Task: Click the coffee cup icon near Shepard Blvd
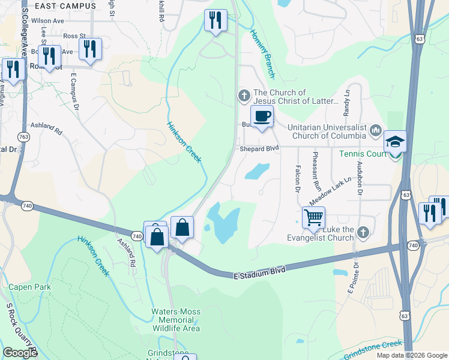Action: pos(262,116)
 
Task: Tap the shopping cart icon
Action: pos(313,218)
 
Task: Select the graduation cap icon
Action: pos(395,142)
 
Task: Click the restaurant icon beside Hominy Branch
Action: pos(215,20)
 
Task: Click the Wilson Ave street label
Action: pos(47,20)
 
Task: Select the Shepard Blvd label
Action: pos(259,149)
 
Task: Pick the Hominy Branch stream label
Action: pos(262,54)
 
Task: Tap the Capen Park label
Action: pos(30,287)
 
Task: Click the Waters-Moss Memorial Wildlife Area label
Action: pos(175,320)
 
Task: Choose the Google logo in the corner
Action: pos(20,353)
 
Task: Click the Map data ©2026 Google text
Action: pos(411,355)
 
